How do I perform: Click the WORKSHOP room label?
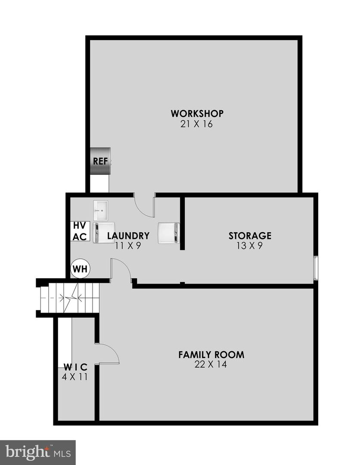tap(197, 114)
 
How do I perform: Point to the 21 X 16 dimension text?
tap(197, 124)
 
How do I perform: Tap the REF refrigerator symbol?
tap(100, 161)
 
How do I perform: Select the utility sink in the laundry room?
tap(102, 210)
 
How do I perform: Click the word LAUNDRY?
tap(128, 236)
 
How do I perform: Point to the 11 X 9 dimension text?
tap(128, 246)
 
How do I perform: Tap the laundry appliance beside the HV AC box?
tap(105, 233)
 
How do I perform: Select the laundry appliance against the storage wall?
tap(169, 233)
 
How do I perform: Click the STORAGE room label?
tap(250, 236)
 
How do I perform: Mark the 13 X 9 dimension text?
tap(250, 246)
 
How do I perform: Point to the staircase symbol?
tap(69, 298)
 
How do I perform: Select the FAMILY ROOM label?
tap(211, 355)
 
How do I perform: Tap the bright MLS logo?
tap(37, 452)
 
